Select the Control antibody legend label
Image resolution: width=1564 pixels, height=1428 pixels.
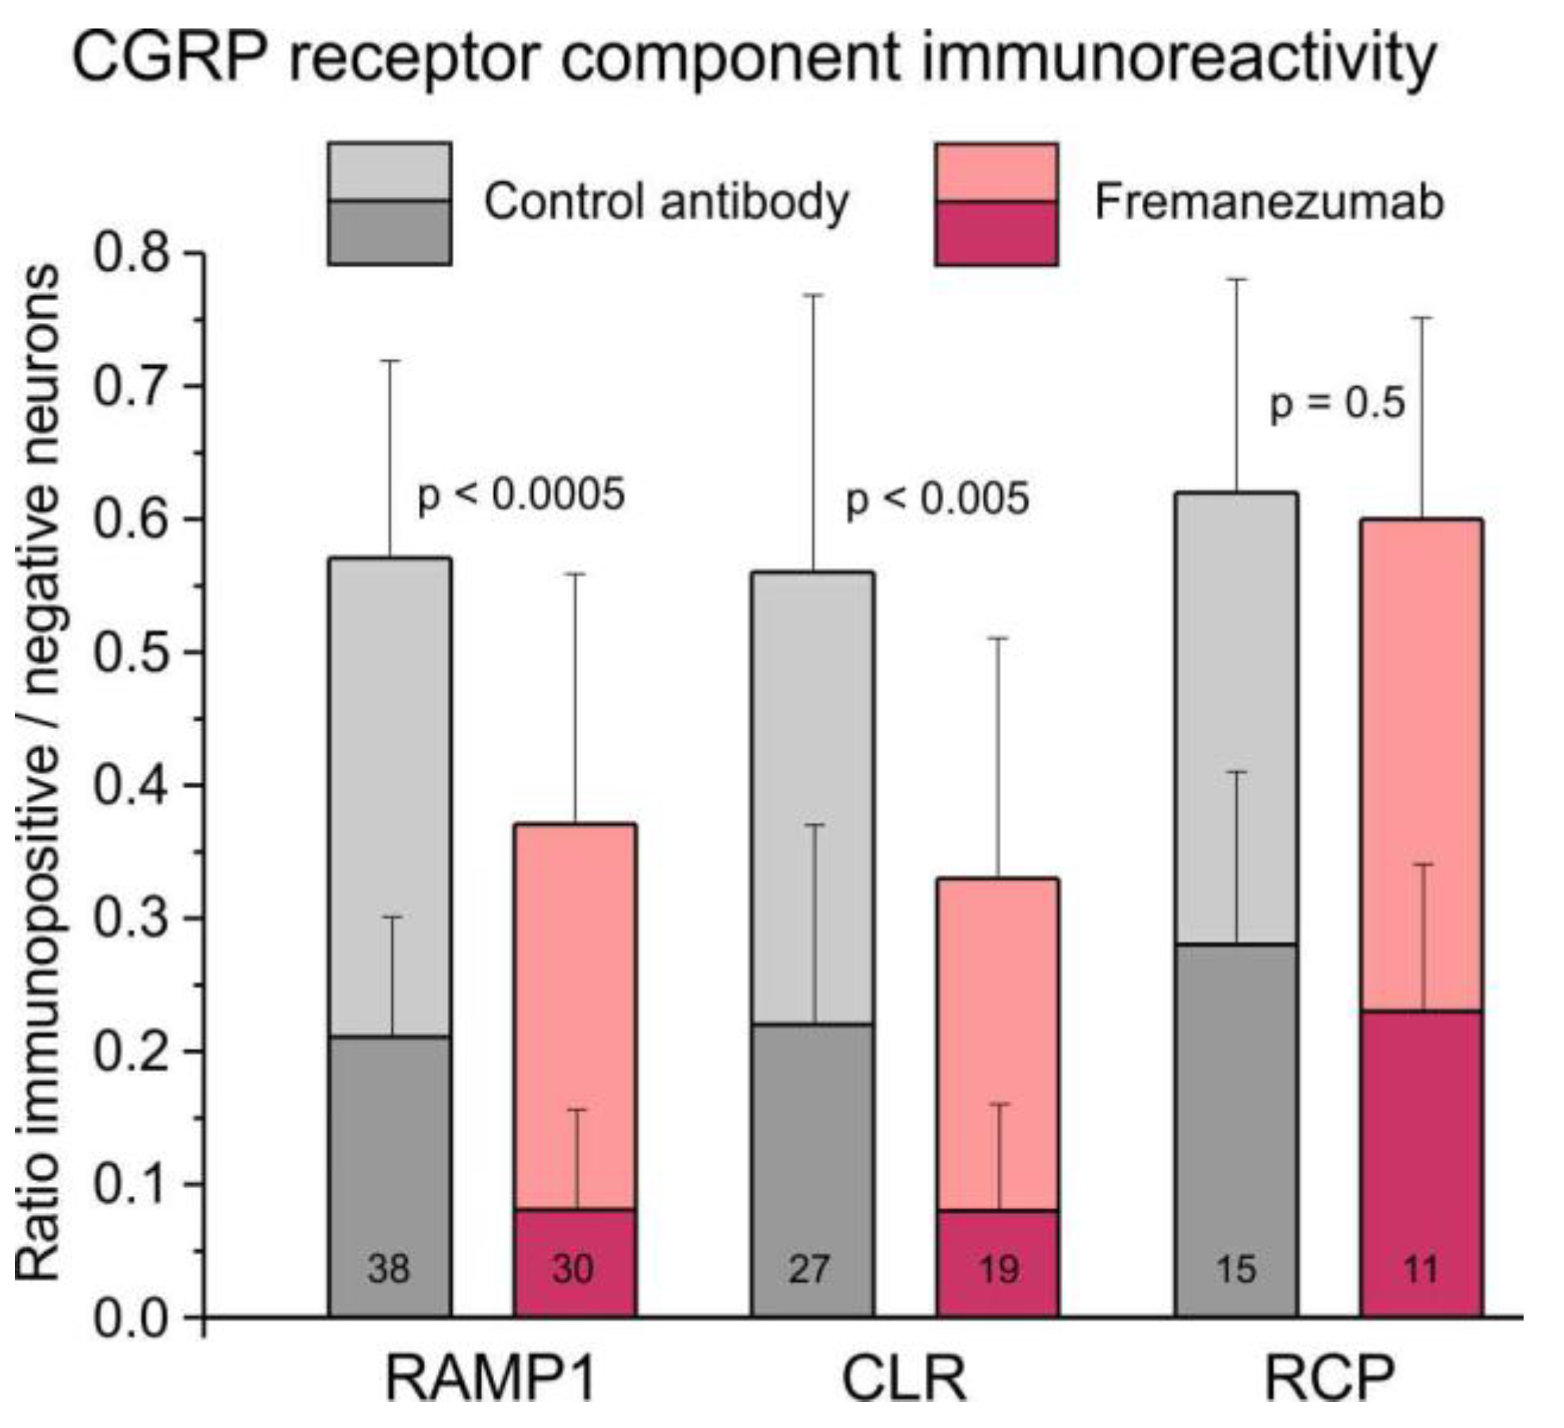click(x=666, y=202)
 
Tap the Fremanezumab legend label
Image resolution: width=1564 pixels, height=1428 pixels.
click(x=1269, y=202)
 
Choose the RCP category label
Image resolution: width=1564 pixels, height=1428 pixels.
click(x=1328, y=1379)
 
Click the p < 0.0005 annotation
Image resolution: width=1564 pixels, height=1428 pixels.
click(x=521, y=496)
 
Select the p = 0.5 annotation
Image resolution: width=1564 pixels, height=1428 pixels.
click(x=1337, y=404)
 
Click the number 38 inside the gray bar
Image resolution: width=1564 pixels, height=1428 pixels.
click(x=389, y=1270)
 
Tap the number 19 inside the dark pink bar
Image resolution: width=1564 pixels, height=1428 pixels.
click(x=998, y=1270)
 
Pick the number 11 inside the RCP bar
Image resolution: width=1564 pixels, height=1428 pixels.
click(x=1420, y=1270)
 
